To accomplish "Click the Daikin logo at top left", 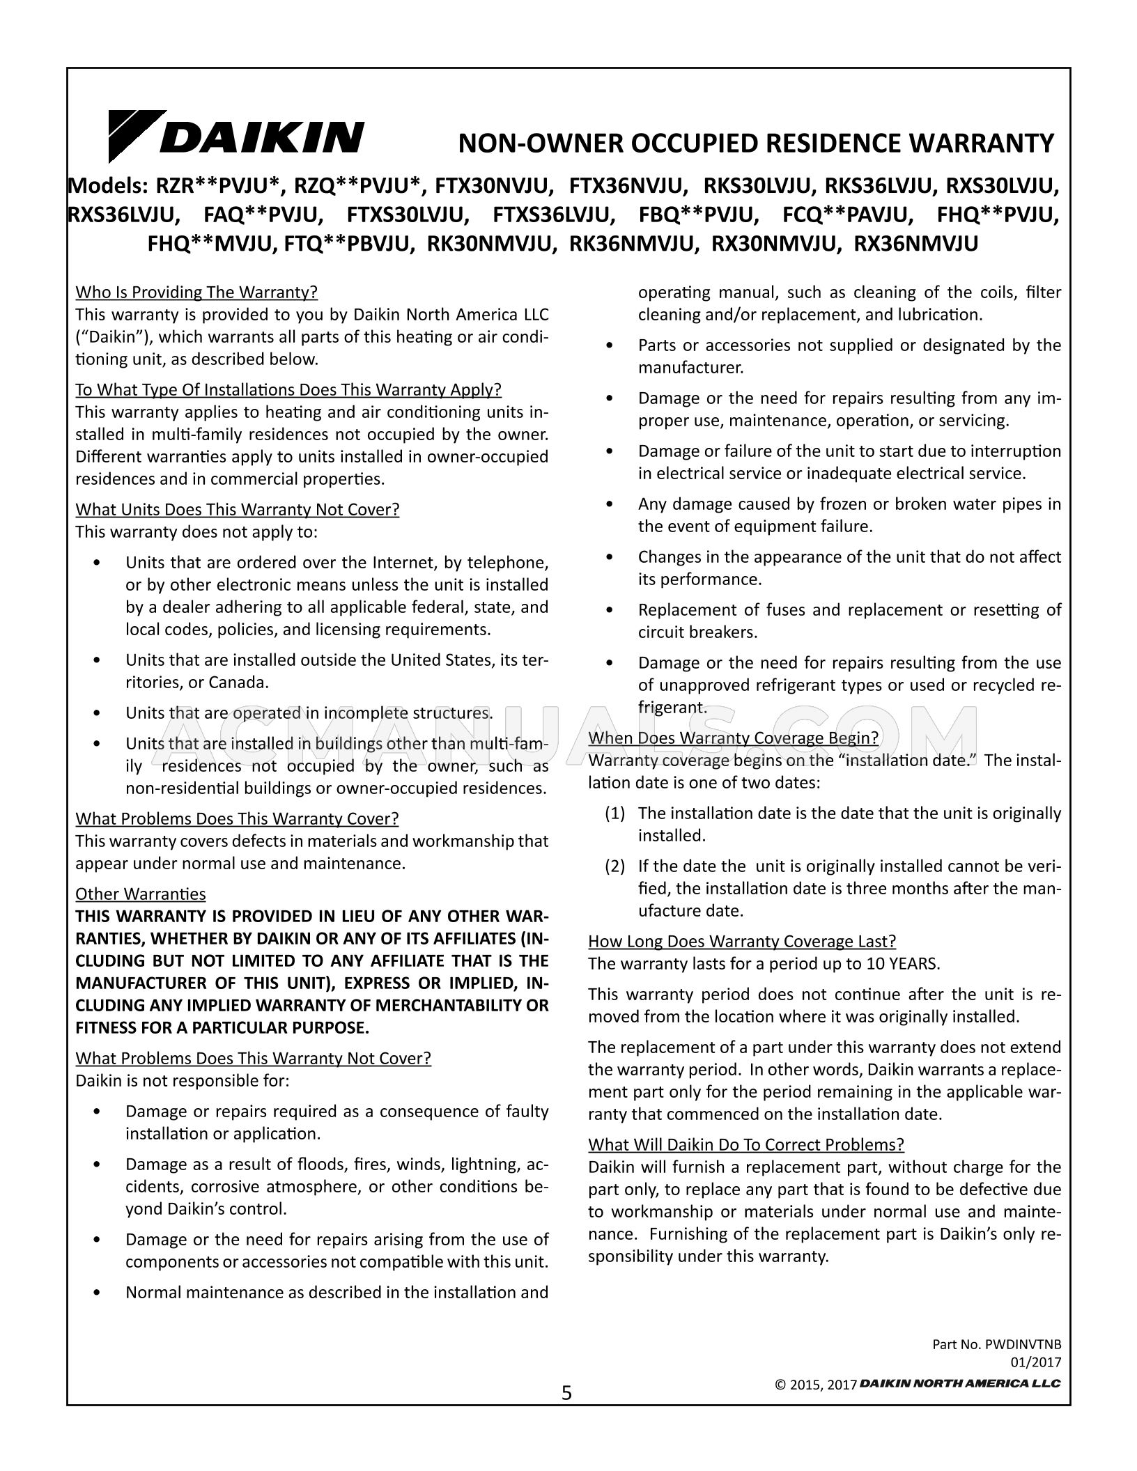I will coord(235,137).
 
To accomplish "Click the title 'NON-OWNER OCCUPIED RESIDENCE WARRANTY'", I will coord(756,143).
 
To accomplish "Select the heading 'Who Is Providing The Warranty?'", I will coord(196,292).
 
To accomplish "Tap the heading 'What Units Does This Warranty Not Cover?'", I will coord(237,509).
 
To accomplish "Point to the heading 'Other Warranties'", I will coord(141,894).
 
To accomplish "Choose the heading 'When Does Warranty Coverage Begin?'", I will coord(733,738).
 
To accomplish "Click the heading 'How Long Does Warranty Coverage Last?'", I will coord(742,941).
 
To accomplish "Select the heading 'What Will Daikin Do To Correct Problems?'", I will coord(746,1144).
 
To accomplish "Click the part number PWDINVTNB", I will coord(1023,1344).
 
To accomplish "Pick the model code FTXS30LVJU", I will coord(408,215).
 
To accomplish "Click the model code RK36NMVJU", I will coord(634,243).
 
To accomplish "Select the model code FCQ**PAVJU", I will coord(848,215).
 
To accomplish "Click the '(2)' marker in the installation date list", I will coord(614,866).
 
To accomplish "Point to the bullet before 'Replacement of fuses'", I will coord(610,610).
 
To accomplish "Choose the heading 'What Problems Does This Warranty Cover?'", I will coord(237,818).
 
